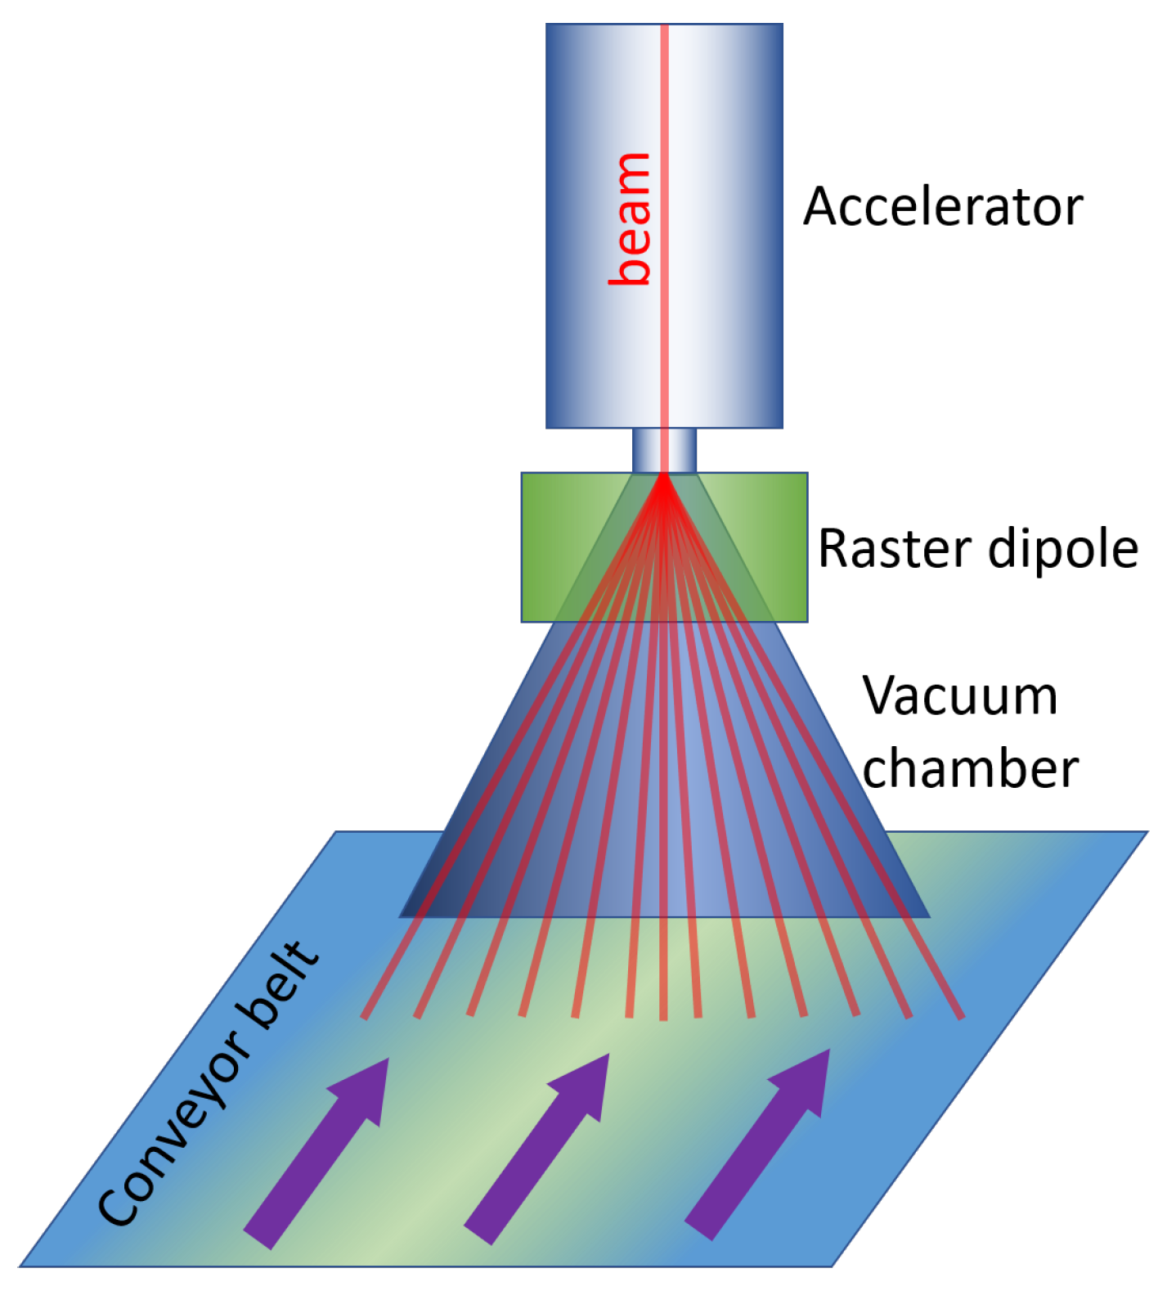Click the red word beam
pyautogui.click(x=631, y=219)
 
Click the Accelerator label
pyautogui.click(x=942, y=206)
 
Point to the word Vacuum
pyautogui.click(x=960, y=696)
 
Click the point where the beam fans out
pyautogui.click(x=664, y=477)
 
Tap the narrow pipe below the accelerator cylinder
pyautogui.click(x=664, y=450)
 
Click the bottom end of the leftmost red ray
pyautogui.click(x=365, y=1017)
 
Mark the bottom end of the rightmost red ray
pyautogui.click(x=962, y=1017)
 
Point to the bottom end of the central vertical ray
pyautogui.click(x=663, y=1019)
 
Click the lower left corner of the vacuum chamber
pyautogui.click(x=402, y=916)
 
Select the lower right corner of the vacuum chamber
pyautogui.click(x=927, y=916)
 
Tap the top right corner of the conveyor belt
pyautogui.click(x=1146, y=833)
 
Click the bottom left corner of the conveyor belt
pyautogui.click(x=21, y=1266)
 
